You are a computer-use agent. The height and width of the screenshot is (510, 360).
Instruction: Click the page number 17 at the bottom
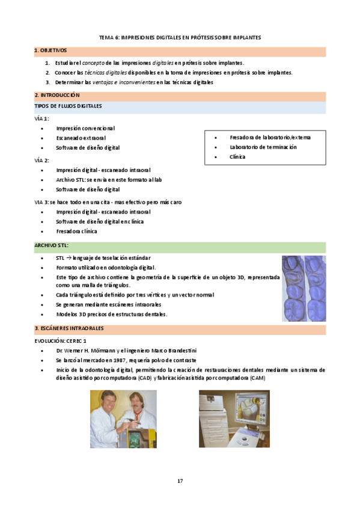click(x=180, y=481)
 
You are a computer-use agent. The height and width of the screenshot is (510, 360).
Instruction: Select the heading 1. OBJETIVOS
click(x=51, y=51)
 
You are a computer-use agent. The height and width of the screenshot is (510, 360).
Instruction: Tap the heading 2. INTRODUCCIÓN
click(x=57, y=96)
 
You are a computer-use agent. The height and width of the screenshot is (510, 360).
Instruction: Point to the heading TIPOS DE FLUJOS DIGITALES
click(x=68, y=106)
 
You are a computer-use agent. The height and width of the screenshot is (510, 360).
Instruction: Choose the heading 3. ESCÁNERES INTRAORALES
click(x=69, y=328)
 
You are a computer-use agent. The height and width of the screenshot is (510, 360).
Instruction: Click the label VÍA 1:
click(x=42, y=118)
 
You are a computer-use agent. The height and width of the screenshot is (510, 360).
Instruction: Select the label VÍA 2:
click(x=42, y=160)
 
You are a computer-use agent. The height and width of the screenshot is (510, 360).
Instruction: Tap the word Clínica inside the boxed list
click(x=237, y=157)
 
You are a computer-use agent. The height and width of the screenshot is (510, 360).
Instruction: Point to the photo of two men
click(x=123, y=419)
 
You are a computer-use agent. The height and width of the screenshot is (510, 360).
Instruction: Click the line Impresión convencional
click(x=85, y=128)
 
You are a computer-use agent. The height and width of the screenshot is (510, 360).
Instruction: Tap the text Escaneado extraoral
click(x=81, y=138)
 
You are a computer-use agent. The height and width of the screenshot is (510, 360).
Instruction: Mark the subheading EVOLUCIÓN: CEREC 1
click(x=61, y=340)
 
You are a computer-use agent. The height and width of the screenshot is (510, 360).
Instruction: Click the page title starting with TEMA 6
click(x=180, y=37)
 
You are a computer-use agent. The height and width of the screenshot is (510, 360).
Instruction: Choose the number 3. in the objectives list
click(x=47, y=82)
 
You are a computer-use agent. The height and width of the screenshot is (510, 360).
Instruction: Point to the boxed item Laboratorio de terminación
click(x=263, y=147)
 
